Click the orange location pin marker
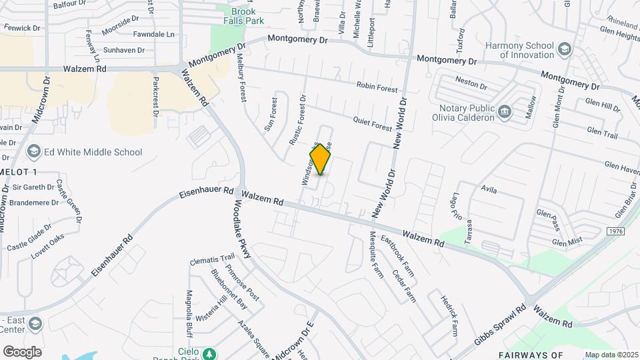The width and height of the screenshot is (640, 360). [x=321, y=159]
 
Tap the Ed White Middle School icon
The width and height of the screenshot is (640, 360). [x=33, y=152]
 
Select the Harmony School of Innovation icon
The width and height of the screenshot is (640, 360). [x=565, y=49]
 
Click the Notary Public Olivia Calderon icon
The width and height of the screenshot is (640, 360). [x=505, y=111]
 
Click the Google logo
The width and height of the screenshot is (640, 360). [x=22, y=351]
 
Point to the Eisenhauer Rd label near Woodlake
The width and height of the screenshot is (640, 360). [x=207, y=193]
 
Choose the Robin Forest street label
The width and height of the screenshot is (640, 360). [x=377, y=86]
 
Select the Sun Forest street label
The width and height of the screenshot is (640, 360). [x=271, y=115]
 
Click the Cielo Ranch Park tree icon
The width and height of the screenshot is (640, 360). [x=211, y=353]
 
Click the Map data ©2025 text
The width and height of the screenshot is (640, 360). [x=609, y=355]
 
